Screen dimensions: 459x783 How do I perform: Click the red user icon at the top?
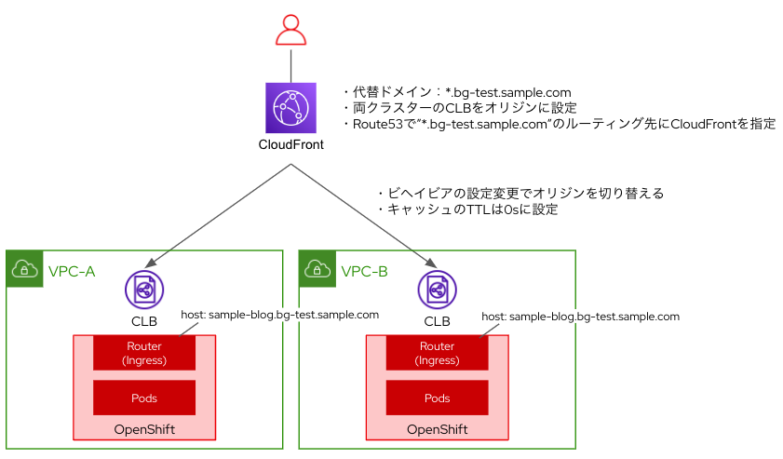pos(290,31)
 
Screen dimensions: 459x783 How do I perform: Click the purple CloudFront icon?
pos(290,108)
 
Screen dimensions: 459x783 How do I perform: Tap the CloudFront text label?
pos(290,144)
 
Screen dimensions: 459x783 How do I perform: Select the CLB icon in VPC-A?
pos(143,290)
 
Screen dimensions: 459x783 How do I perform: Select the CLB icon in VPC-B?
pos(437,290)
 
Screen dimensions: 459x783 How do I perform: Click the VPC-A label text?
pos(72,272)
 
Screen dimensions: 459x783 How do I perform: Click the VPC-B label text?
pos(365,272)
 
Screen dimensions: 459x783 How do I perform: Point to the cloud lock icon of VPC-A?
pos(23,269)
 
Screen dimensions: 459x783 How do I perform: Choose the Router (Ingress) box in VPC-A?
pos(143,353)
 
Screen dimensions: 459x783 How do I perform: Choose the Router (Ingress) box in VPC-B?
pos(437,353)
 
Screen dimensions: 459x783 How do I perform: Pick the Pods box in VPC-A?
pos(143,398)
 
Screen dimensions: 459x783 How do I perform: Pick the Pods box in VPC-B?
pos(437,398)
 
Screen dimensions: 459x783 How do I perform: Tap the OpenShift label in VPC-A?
pos(143,429)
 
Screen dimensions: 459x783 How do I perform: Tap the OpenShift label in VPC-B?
pos(437,429)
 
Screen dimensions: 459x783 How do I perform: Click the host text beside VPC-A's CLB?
pos(279,315)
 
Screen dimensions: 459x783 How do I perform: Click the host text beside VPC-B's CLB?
pos(580,317)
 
